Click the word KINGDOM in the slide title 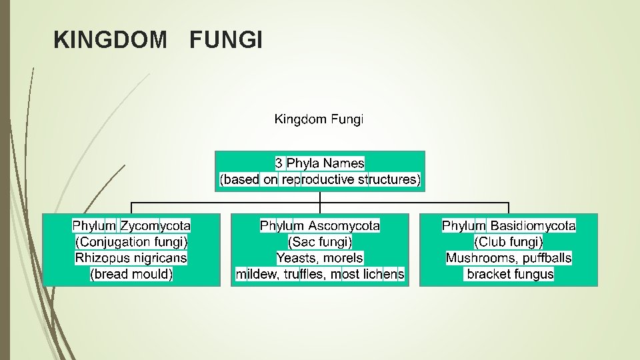click(x=110, y=41)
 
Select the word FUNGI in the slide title click(x=226, y=41)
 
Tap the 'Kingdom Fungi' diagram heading click(x=319, y=120)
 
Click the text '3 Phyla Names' click(x=320, y=163)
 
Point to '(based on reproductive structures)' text click(x=320, y=179)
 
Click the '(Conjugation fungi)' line click(x=131, y=242)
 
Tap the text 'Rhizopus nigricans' click(x=131, y=258)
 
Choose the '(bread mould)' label click(x=131, y=274)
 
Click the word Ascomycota click(x=344, y=226)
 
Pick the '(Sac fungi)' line click(x=320, y=242)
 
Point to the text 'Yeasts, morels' click(x=320, y=258)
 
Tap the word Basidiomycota click(x=533, y=226)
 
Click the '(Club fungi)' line click(x=509, y=242)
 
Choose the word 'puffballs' click(x=543, y=258)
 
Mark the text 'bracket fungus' click(x=510, y=274)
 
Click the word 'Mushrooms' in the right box click(x=477, y=258)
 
